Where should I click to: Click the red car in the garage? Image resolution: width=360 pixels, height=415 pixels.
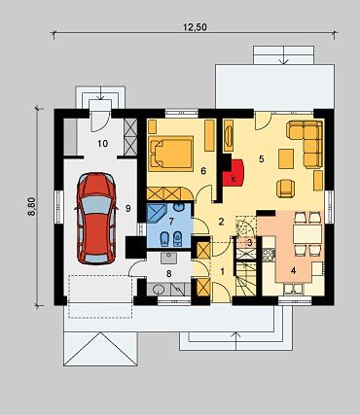(96, 219)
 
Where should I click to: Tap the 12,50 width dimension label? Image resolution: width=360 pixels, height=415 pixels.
(195, 27)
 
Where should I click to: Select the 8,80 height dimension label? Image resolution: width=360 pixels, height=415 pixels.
(32, 206)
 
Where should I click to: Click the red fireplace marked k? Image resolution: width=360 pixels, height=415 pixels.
(234, 173)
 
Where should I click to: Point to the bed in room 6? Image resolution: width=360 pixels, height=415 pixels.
(170, 154)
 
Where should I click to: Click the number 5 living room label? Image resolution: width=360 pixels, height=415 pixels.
(262, 158)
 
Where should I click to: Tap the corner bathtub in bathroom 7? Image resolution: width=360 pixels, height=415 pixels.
(157, 213)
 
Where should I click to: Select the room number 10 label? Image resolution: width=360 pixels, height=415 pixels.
(102, 144)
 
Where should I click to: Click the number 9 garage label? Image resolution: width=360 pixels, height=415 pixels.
(127, 209)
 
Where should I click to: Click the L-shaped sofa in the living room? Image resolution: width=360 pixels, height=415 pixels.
(305, 144)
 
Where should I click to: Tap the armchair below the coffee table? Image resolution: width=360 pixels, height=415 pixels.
(286, 188)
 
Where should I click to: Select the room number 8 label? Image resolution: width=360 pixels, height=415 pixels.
(168, 274)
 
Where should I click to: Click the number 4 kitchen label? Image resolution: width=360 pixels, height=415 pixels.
(293, 271)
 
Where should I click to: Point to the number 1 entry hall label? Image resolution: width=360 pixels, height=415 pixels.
(223, 271)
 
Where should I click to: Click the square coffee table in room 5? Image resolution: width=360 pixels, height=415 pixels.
(286, 158)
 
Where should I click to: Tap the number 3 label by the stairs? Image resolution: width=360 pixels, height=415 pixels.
(250, 242)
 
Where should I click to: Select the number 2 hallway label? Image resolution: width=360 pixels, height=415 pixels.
(221, 222)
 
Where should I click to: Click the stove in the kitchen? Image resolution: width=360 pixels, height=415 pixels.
(269, 255)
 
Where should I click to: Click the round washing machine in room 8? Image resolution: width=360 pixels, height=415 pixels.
(158, 289)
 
